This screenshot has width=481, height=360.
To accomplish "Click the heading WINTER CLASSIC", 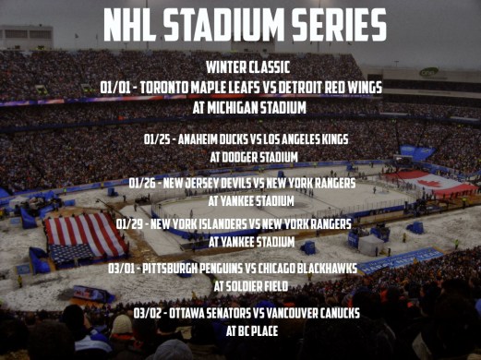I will point(248,68).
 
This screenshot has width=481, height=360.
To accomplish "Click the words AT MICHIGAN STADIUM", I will point(248,106).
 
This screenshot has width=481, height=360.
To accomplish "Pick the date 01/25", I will point(159,139).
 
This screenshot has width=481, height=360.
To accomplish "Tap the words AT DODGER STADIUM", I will point(248,157).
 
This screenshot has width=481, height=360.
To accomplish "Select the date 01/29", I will point(131,224).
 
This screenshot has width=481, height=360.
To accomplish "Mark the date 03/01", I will point(122,269).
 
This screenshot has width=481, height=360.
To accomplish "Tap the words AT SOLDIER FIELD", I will point(248,286).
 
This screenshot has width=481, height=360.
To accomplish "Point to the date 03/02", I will point(147,313).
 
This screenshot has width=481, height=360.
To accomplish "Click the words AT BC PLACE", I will point(248,330).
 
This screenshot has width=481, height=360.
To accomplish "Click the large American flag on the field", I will point(85,235).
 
